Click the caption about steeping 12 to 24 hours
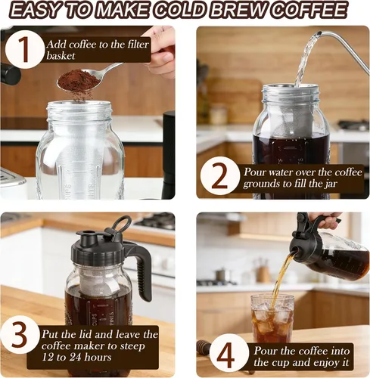106,345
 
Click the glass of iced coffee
272,319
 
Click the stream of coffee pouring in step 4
281,276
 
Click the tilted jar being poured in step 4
333,253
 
